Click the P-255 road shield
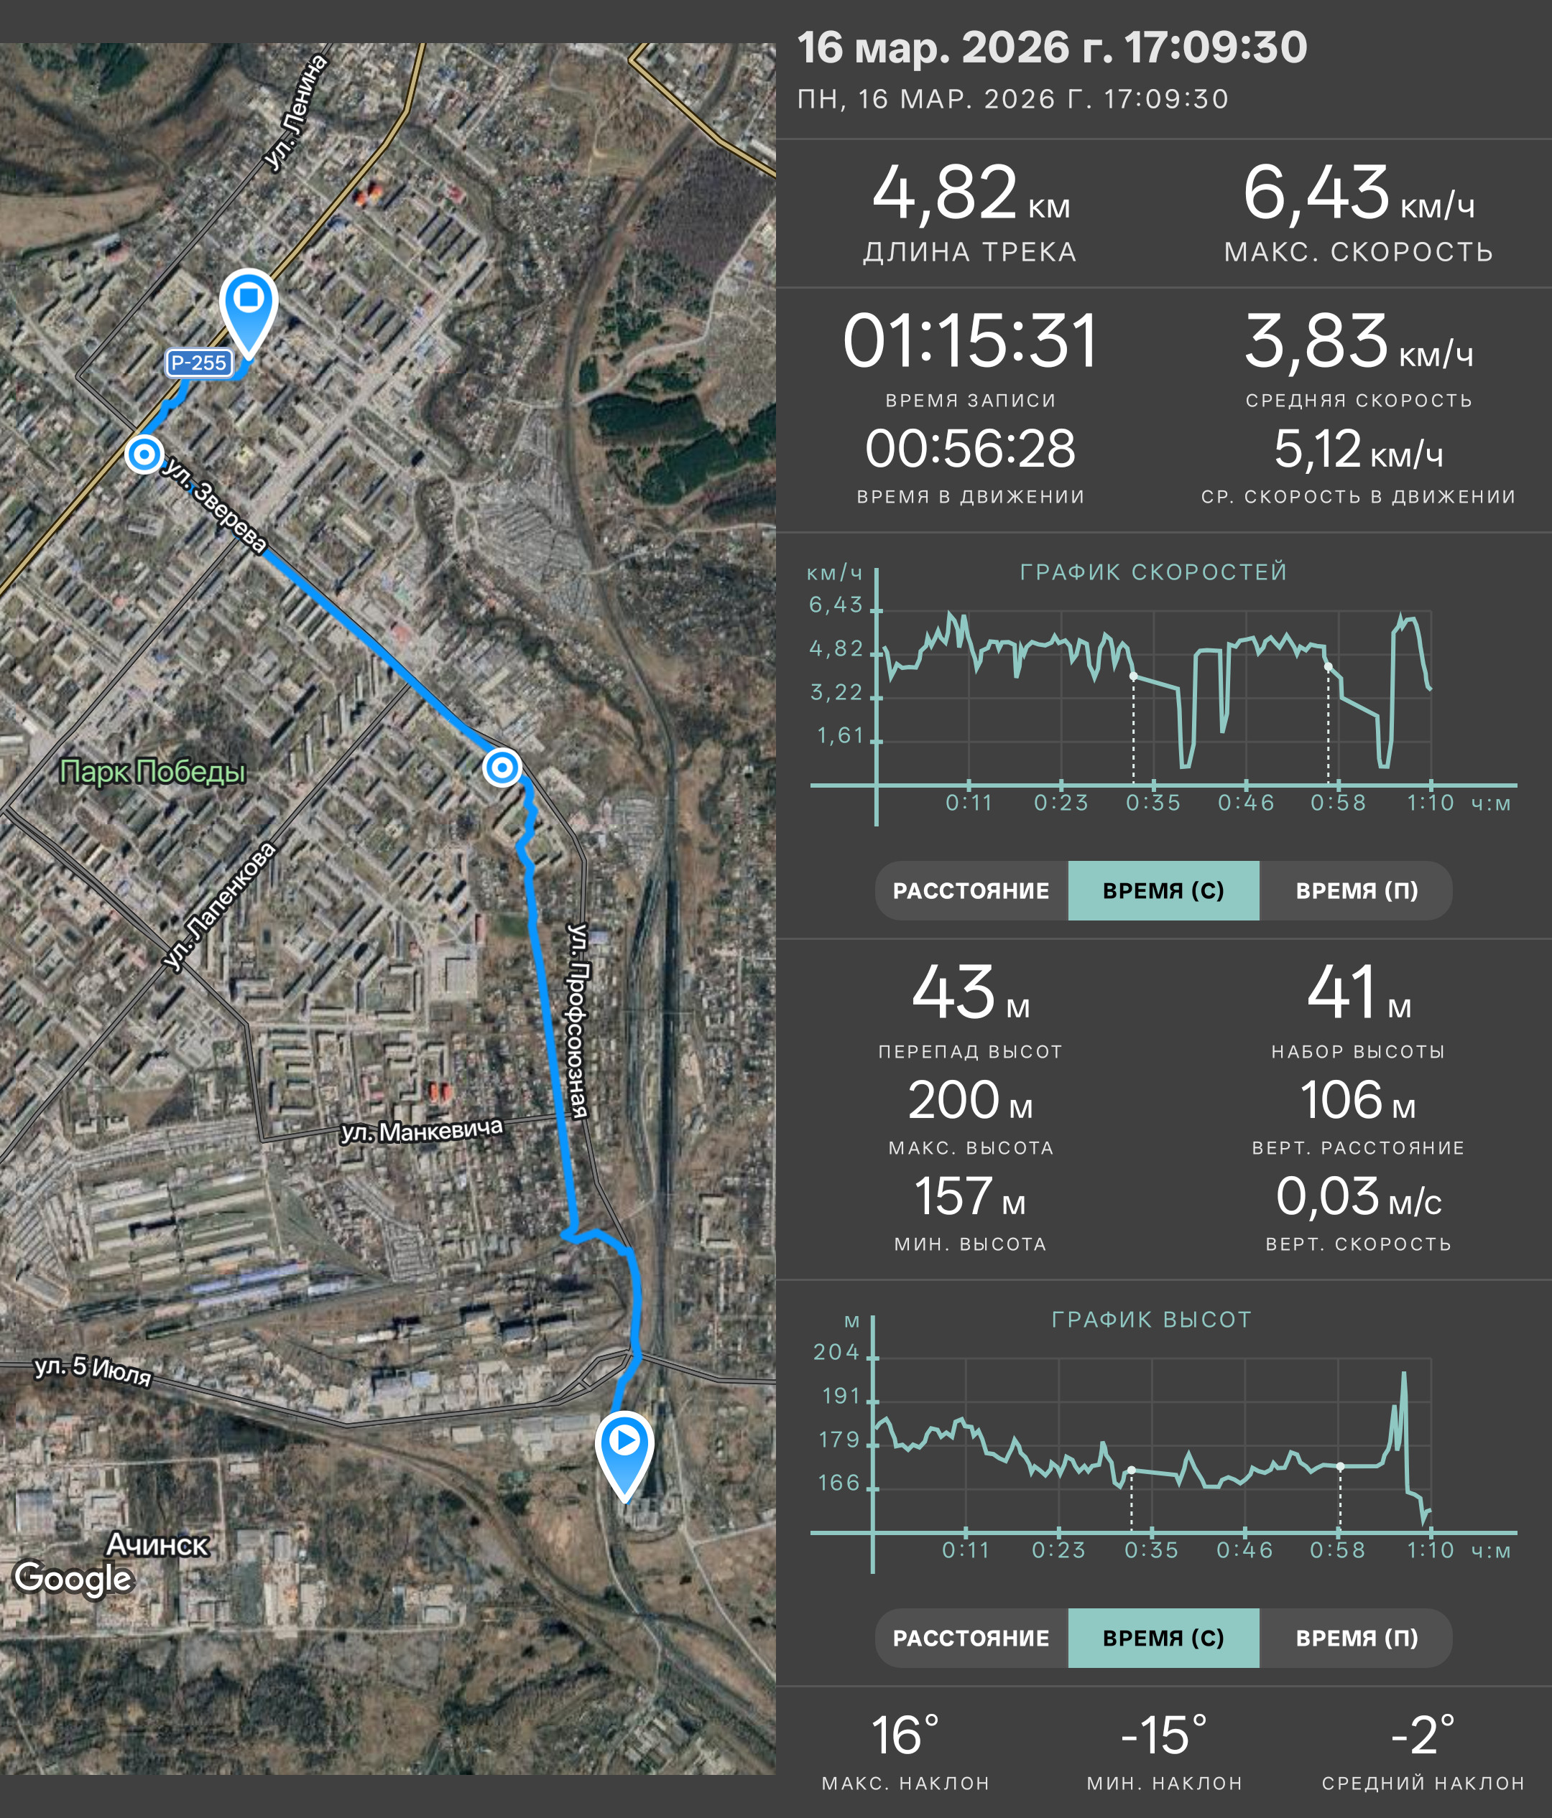(x=198, y=363)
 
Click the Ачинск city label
(x=157, y=1544)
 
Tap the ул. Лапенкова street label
(x=219, y=906)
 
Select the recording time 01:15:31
(x=970, y=341)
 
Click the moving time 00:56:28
(x=970, y=449)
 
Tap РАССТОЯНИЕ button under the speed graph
(x=971, y=890)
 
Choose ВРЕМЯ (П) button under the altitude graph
(x=1357, y=1638)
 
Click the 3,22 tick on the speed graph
(x=836, y=693)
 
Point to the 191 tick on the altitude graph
(x=841, y=1396)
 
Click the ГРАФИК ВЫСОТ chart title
(x=1152, y=1320)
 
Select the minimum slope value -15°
(x=1164, y=1735)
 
